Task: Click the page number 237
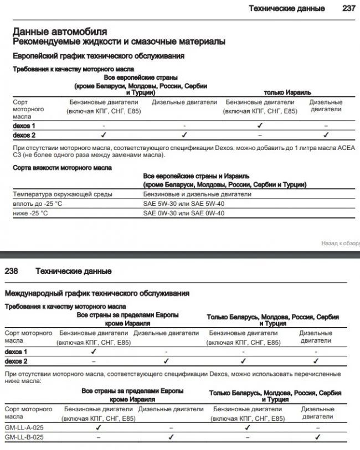pos(348,8)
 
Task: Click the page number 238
pos(12,271)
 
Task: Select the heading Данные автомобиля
pos(60,32)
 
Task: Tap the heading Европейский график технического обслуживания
pos(99,56)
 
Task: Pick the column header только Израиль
pos(287,92)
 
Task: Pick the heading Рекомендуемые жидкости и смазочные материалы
pos(119,42)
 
